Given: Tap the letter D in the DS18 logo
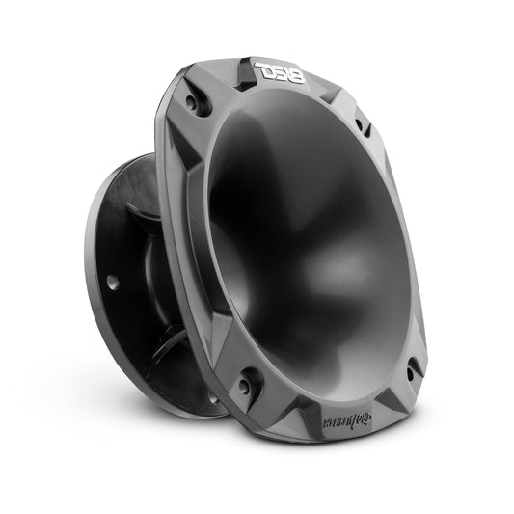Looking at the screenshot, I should click(263, 70).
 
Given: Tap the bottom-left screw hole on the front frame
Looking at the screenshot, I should click(246, 379).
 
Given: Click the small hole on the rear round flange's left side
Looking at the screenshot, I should click(112, 283).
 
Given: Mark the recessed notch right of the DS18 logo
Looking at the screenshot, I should click(323, 92).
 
